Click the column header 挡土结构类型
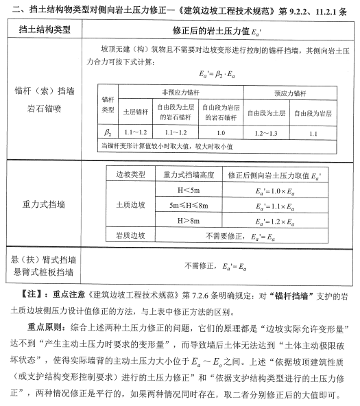click(47, 32)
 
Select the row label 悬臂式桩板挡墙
click(43, 272)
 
